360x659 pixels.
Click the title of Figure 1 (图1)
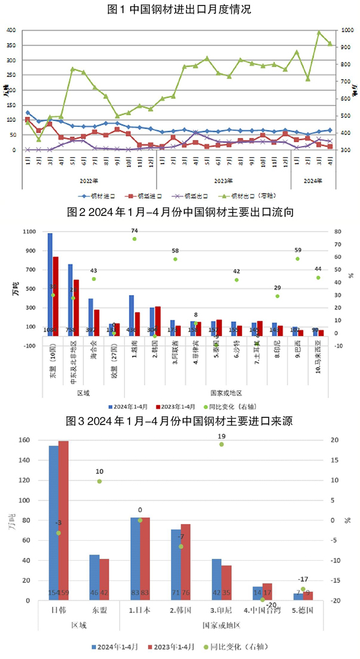180,10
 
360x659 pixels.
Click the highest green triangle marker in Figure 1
319,32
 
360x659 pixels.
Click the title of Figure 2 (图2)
180,212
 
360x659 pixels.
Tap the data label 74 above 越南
135,230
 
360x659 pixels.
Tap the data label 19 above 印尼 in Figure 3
221,435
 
